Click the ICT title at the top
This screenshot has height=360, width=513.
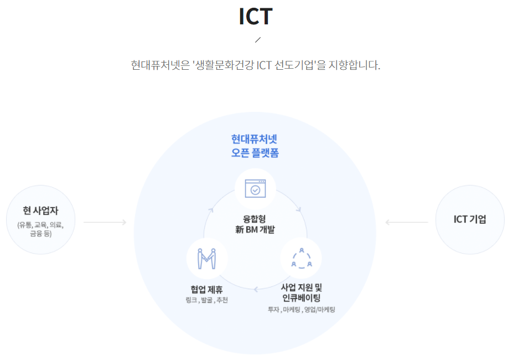coord(256,17)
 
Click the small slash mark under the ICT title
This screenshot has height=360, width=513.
coord(257,40)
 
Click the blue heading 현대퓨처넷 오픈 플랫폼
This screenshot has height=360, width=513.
coord(255,146)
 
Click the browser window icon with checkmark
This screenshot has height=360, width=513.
coord(255,189)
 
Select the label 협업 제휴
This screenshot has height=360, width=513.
coord(206,289)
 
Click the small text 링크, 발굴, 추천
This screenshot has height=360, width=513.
coord(206,300)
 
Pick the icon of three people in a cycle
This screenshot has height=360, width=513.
coord(301,258)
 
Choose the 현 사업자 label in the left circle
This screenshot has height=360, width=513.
coord(41,210)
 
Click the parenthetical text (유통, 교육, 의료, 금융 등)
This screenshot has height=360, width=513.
coord(41,229)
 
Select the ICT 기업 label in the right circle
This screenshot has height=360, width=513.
coord(470,219)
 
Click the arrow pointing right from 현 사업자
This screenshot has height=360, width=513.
coord(105,223)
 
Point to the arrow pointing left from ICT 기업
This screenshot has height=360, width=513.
coord(407,223)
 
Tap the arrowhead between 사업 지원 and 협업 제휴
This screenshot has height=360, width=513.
coord(256,289)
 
